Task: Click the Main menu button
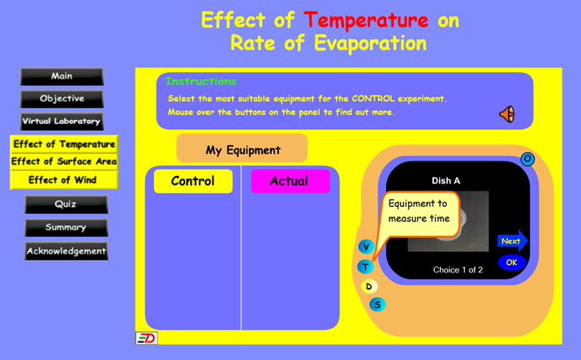pyautogui.click(x=62, y=76)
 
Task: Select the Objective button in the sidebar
pyautogui.click(x=62, y=99)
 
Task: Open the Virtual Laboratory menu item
pyautogui.click(x=62, y=122)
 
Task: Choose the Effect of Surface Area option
pyautogui.click(x=64, y=161)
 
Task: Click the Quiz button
pyautogui.click(x=67, y=204)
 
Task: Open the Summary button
pyautogui.click(x=67, y=227)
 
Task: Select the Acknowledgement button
pyautogui.click(x=67, y=251)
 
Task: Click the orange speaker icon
pyautogui.click(x=507, y=114)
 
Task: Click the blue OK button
pyautogui.click(x=512, y=263)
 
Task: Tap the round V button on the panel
pyautogui.click(x=366, y=246)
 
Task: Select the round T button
pyautogui.click(x=365, y=267)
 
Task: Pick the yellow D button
pyautogui.click(x=369, y=286)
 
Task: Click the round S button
pyautogui.click(x=377, y=305)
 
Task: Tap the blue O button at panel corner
pyautogui.click(x=527, y=159)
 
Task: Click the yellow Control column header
pyautogui.click(x=193, y=181)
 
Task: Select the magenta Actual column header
pyautogui.click(x=290, y=181)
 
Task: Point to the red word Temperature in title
pyautogui.click(x=366, y=20)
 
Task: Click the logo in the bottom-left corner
pyautogui.click(x=147, y=338)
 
